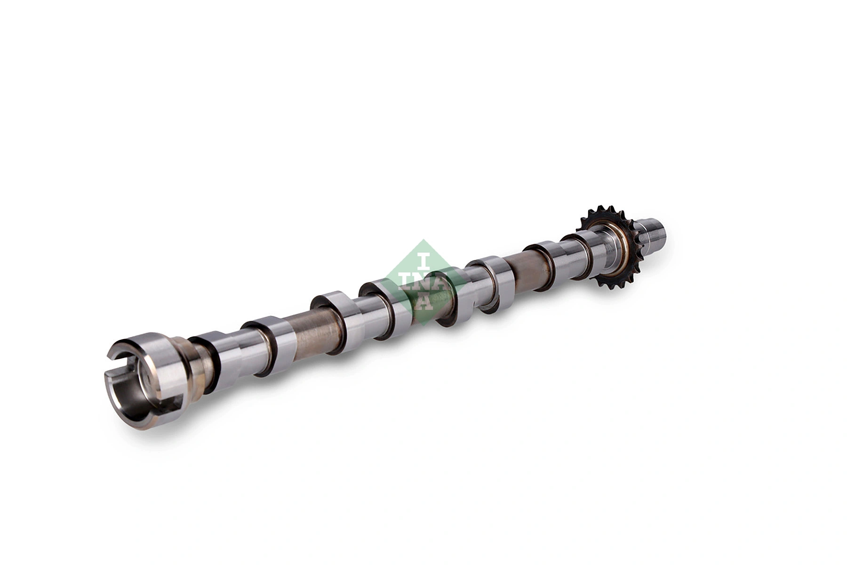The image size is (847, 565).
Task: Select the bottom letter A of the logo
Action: pyautogui.click(x=423, y=304)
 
